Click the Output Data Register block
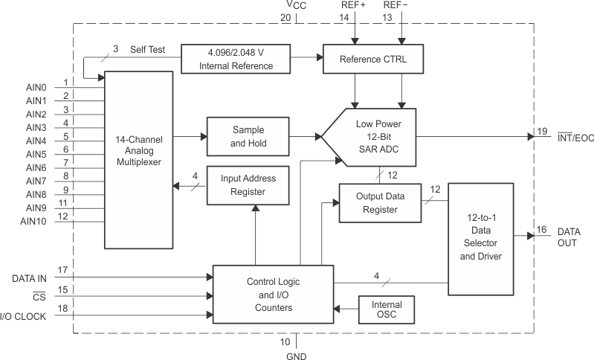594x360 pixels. (x=378, y=202)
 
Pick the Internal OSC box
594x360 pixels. (x=387, y=310)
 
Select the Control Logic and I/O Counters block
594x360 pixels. (x=273, y=295)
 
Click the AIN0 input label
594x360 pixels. (x=36, y=87)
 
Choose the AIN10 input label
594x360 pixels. (x=34, y=221)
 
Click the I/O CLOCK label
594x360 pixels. (x=24, y=317)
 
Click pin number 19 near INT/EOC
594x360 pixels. (x=542, y=131)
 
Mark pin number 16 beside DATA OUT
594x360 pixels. (x=542, y=231)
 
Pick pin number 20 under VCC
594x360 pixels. (x=286, y=17)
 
